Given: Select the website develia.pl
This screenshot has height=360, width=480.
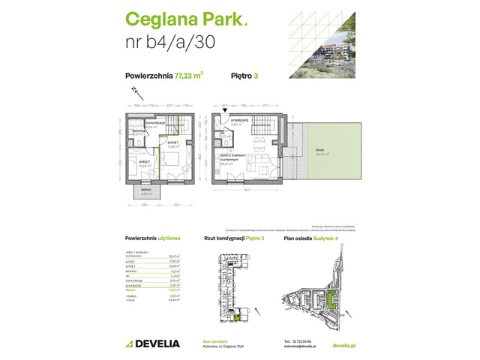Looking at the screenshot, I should (342, 343).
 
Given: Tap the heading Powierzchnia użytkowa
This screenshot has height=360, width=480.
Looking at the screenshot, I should (153, 238).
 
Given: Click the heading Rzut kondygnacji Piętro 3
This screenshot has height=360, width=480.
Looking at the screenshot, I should (234, 238).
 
